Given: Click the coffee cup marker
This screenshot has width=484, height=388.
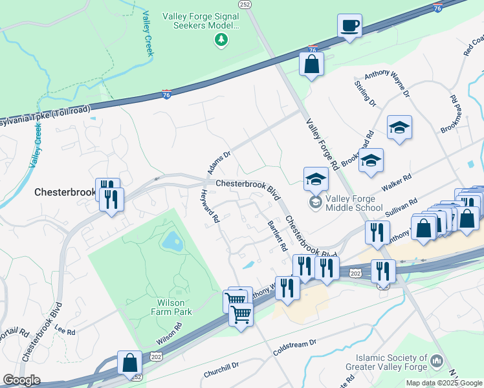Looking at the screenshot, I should (x=349, y=27).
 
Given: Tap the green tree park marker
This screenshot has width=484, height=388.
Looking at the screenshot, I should (x=221, y=41).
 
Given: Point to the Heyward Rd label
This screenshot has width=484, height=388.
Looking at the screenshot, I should (x=210, y=207).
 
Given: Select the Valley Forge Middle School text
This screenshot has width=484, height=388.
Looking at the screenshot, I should (x=355, y=203).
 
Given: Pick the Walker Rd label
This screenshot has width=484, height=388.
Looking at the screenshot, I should (x=398, y=180).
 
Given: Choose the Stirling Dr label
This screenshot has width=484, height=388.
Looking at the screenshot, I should (x=365, y=94).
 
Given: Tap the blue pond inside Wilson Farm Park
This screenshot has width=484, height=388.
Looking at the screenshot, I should (x=172, y=242).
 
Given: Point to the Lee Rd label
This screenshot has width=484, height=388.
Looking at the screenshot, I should (x=65, y=331).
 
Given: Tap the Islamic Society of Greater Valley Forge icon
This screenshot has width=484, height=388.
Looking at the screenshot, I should (x=437, y=360).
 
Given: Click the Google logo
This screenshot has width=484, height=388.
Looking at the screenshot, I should (x=21, y=380).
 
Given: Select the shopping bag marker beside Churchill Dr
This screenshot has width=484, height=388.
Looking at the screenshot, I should (x=129, y=363).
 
